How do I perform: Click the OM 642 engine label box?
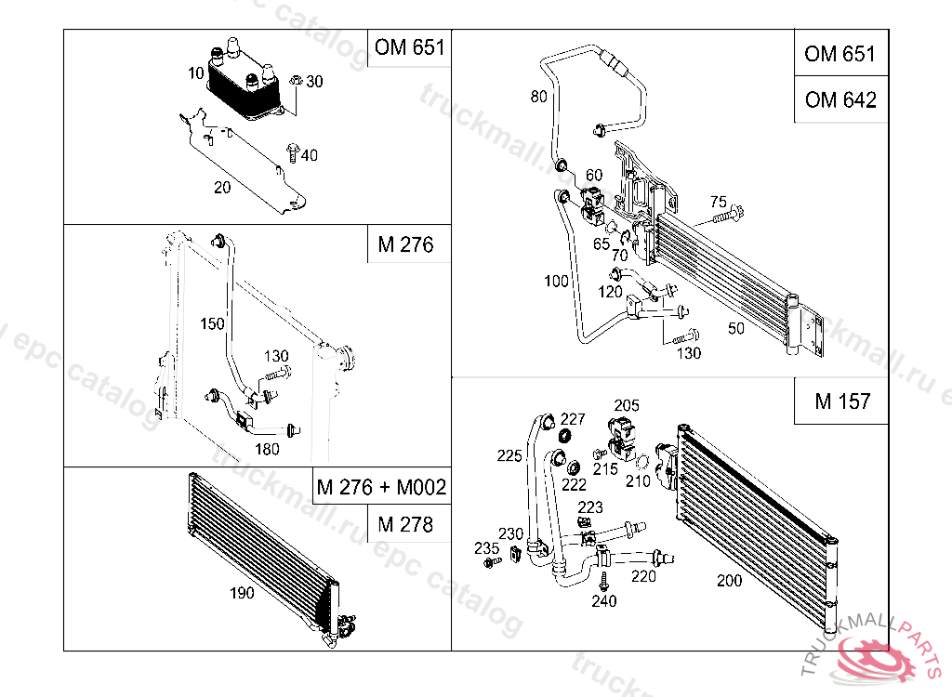pyautogui.click(x=840, y=99)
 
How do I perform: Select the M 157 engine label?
pyautogui.click(x=842, y=401)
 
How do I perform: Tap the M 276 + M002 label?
pyautogui.click(x=382, y=486)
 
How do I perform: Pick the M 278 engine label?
pyautogui.click(x=405, y=524)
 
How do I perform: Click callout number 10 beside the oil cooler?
pyautogui.click(x=195, y=73)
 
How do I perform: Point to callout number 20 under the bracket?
pyautogui.click(x=222, y=188)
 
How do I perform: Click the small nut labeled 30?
pyautogui.click(x=297, y=80)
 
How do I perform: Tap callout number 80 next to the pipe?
pyautogui.click(x=538, y=97)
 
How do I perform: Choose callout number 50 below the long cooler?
pyautogui.click(x=736, y=328)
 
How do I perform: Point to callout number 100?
pyautogui.click(x=556, y=281)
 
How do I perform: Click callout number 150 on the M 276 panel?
pyautogui.click(x=213, y=323)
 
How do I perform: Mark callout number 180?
pyautogui.click(x=267, y=449)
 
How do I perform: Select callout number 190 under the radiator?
pyautogui.click(x=242, y=593)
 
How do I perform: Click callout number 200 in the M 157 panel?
pyautogui.click(x=729, y=581)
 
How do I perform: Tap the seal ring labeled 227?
pyautogui.click(x=565, y=435)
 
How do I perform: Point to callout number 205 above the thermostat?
pyautogui.click(x=627, y=405)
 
